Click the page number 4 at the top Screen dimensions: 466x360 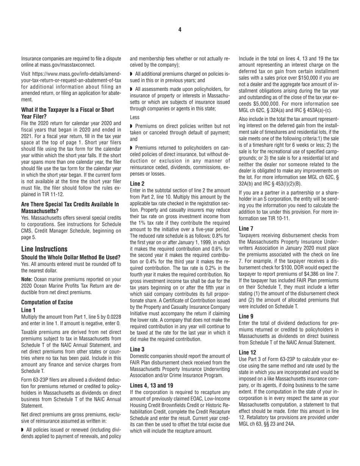click(180, 30)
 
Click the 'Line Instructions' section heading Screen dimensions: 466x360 click(44, 249)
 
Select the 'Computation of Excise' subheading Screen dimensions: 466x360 click(47, 302)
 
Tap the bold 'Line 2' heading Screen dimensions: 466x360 click(138, 183)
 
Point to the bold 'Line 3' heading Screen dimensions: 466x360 click(138, 349)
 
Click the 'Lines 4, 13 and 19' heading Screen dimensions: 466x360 click(152, 385)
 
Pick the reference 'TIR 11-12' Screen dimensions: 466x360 click(63, 194)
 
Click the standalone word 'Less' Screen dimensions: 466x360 click(135, 118)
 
